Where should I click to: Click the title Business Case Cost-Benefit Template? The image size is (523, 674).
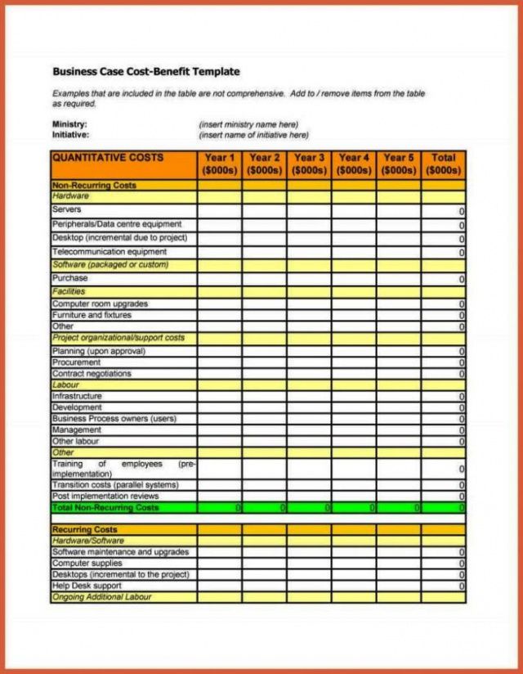146,72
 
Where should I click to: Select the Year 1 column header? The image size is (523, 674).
219,164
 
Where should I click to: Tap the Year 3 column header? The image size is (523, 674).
309,164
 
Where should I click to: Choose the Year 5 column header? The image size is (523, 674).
399,164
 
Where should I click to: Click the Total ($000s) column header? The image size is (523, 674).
444,164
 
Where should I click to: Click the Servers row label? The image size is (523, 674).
67,209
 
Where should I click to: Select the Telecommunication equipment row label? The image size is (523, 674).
110,252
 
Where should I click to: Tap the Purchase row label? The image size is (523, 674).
70,278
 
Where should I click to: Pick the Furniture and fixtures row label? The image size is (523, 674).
92,315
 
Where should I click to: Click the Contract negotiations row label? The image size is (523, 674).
92,374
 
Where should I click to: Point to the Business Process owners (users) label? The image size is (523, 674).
114,419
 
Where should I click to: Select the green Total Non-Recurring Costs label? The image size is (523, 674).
106,508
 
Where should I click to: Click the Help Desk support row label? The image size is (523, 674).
87,586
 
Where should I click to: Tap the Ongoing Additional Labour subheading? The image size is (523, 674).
102,597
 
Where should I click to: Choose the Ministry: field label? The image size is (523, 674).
70,124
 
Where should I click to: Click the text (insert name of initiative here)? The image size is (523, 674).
254,135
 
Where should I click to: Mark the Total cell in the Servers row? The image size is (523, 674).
444,211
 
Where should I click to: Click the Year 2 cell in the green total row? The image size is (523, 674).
264,508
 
